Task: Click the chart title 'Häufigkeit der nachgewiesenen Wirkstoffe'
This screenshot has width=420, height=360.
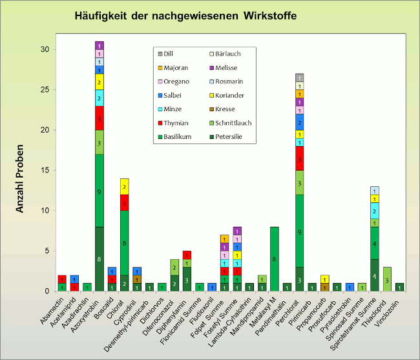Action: [x=185, y=15]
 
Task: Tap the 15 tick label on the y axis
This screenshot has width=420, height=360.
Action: [x=44, y=170]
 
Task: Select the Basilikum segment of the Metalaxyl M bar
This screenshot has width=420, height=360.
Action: [x=274, y=259]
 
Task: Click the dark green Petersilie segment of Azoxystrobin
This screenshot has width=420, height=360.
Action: [x=100, y=259]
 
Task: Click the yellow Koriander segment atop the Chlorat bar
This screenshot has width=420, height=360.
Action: [x=125, y=186]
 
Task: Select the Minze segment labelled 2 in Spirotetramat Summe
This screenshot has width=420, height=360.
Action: [x=375, y=210]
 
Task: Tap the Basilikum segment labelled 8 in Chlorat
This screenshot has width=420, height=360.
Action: [x=125, y=242]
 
